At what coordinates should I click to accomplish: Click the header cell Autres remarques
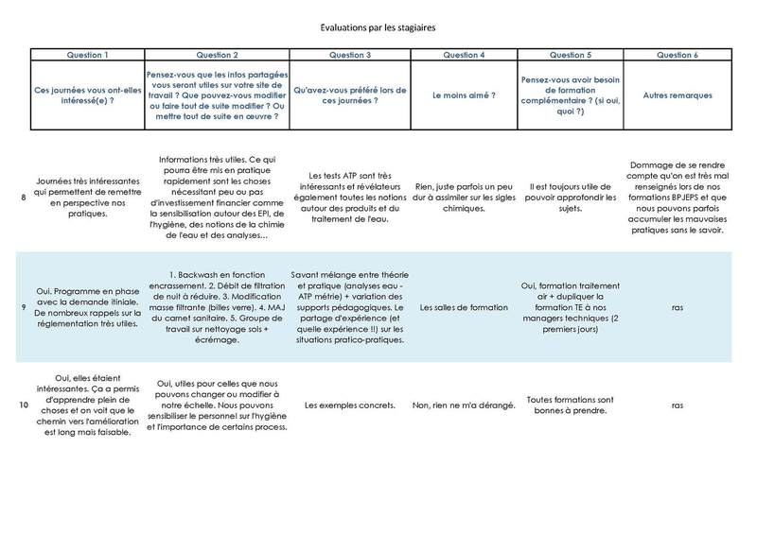coord(678,95)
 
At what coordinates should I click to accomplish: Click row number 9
coord(23,307)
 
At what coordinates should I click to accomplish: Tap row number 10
coord(23,405)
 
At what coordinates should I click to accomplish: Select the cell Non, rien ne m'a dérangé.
coord(463,405)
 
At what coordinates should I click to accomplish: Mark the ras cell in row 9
coord(678,307)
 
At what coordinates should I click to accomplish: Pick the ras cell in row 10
coord(678,405)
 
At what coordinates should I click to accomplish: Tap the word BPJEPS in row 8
coord(695,198)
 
